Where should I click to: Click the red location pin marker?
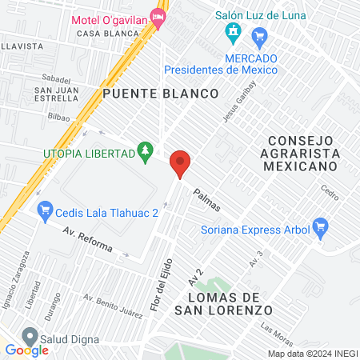point(180,164)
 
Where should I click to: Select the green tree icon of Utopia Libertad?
point(144,150)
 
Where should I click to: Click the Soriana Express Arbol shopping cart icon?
point(321,227)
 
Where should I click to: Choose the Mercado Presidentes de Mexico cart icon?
point(259,37)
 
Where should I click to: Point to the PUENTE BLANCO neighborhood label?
point(160,94)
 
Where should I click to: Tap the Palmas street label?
point(206,201)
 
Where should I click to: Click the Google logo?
point(26,350)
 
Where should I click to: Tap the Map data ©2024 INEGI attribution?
point(312,354)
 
